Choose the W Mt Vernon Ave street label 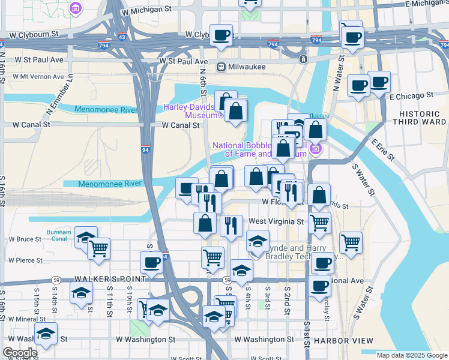click(34, 77)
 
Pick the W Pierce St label click(25, 260)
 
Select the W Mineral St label click(27, 319)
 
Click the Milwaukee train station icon click(221, 67)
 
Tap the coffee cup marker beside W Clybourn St click(221, 35)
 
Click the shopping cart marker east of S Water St click(351, 242)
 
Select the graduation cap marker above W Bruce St click(86, 237)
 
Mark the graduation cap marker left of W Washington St click(45, 334)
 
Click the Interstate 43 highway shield click(122, 37)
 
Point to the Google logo click(20, 353)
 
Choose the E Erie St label click(382, 150)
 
